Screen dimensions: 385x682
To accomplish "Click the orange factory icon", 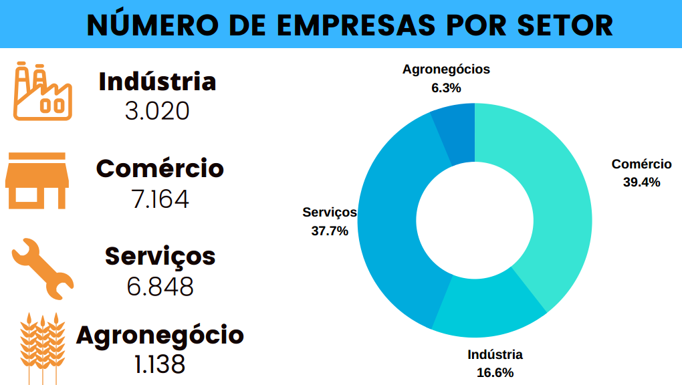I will point(41,92).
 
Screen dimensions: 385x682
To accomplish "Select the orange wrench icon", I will point(41,267).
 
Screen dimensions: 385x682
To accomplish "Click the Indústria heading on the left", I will point(158,82).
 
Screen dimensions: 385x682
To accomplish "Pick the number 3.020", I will point(158,111).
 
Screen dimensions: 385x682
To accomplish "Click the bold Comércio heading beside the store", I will point(160,168).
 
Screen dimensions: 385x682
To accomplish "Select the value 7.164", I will point(160,199).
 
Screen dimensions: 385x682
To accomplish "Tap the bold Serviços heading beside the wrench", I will point(160,256).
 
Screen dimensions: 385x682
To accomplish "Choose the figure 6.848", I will point(160,287).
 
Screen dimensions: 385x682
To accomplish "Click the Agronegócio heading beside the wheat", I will point(160,334).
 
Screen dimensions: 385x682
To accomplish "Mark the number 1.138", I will point(160,365).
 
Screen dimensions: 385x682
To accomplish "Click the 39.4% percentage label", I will point(641,182).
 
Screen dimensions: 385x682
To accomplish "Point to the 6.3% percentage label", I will point(446,87).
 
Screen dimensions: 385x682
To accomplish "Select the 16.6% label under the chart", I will point(495,372).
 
